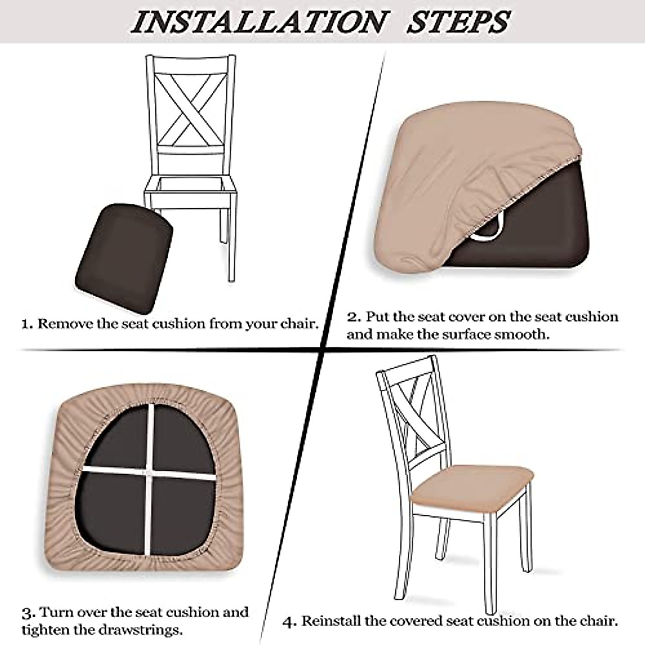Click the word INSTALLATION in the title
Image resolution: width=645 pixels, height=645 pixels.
[260, 22]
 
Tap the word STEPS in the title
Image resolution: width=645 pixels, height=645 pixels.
[459, 22]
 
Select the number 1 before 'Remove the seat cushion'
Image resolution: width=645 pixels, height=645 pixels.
[27, 324]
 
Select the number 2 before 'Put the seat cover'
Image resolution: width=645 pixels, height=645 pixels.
[354, 317]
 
